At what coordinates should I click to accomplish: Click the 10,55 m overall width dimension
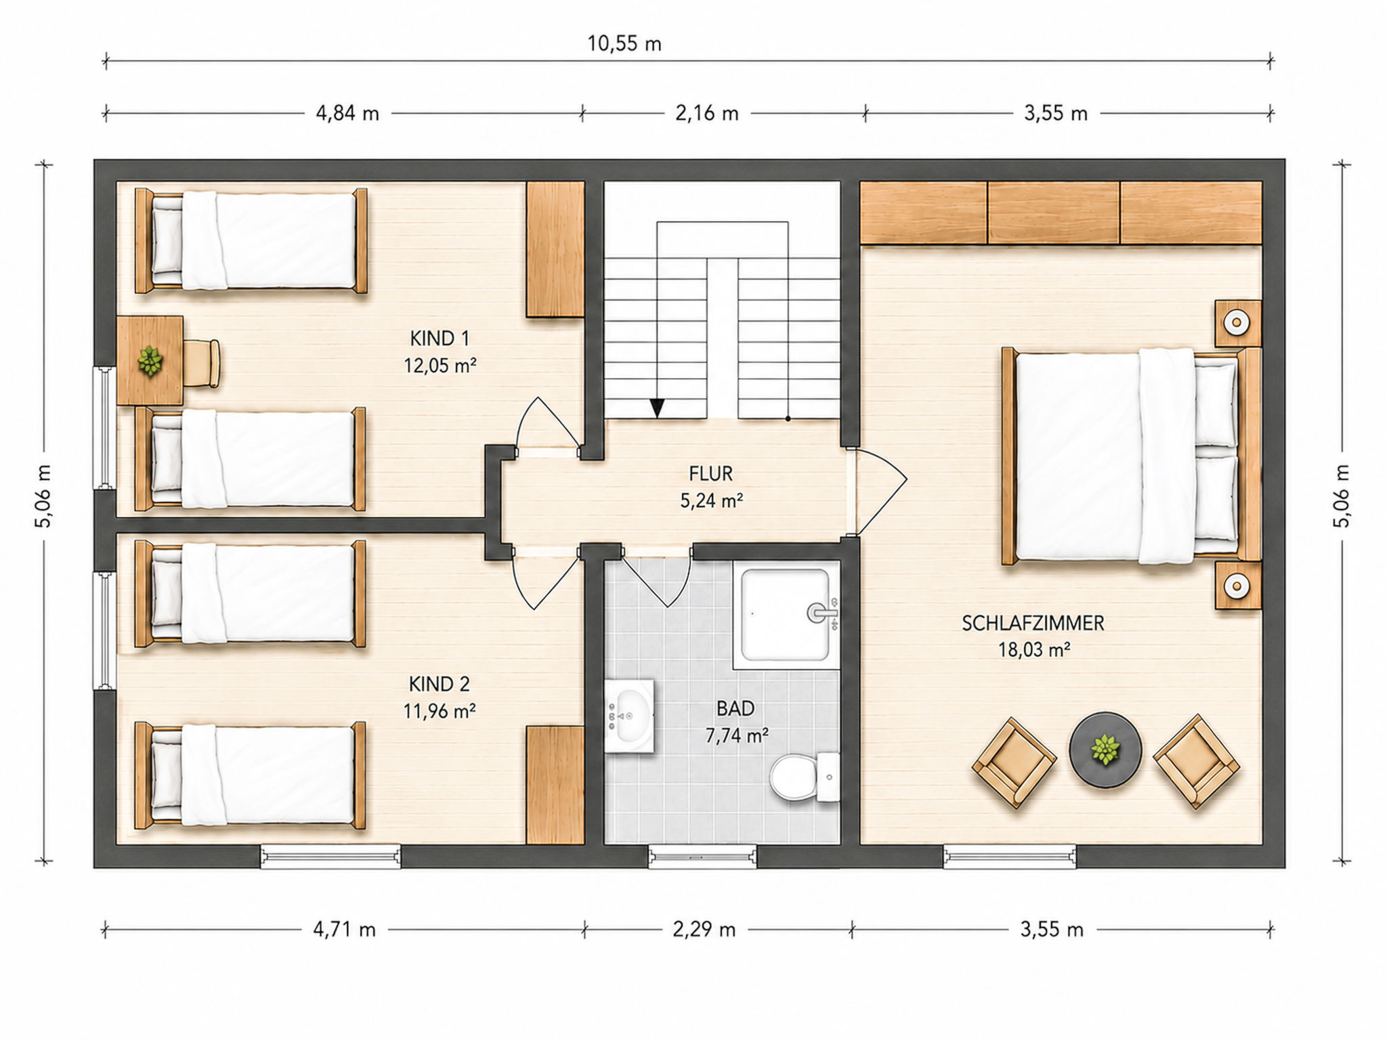[x=624, y=44]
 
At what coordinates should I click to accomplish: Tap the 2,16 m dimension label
[x=706, y=113]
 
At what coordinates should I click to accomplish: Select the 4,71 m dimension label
[x=344, y=929]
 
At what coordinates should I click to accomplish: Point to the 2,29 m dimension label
[x=704, y=929]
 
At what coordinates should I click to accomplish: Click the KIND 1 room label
[x=440, y=338]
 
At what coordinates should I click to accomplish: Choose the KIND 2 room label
[x=439, y=684]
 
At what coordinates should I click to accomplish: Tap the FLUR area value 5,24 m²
[x=711, y=500]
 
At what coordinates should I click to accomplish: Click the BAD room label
[x=735, y=708]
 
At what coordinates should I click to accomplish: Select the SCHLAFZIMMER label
[x=1033, y=623]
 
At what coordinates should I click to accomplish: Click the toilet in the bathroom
[x=805, y=777]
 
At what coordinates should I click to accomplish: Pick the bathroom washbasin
[x=629, y=716]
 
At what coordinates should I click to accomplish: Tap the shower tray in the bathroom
[x=785, y=615]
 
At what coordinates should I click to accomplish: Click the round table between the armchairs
[x=1105, y=750]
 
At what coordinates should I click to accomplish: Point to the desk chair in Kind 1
[x=202, y=363]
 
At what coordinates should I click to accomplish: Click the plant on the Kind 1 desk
[x=150, y=361]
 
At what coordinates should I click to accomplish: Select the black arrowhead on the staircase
[x=657, y=408]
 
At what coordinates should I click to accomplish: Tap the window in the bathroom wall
[x=702, y=857]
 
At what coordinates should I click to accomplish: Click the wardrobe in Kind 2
[x=555, y=785]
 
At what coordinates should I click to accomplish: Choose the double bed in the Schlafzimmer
[x=1131, y=456]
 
